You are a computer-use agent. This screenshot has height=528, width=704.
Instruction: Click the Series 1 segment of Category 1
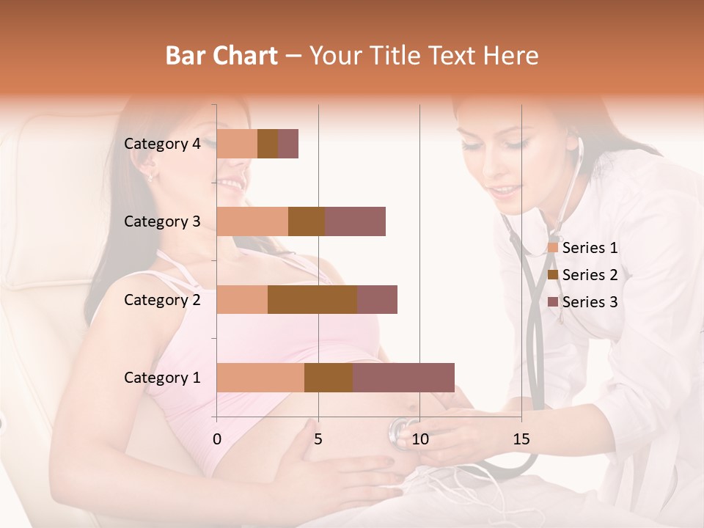(260, 378)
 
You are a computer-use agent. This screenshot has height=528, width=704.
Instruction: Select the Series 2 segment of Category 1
(329, 378)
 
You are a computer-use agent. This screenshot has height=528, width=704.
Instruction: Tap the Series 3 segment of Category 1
(403, 378)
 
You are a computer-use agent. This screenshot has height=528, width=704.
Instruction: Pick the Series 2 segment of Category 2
(312, 299)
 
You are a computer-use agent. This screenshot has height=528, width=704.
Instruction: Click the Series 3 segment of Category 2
(377, 299)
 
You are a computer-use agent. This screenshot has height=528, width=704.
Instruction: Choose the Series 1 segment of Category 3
(252, 221)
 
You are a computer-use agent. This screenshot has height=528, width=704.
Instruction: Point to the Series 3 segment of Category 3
(355, 221)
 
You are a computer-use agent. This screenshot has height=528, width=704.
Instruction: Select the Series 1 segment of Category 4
(237, 144)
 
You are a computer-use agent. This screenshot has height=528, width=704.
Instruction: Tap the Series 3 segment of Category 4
(288, 144)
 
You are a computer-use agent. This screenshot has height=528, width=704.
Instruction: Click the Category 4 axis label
(162, 144)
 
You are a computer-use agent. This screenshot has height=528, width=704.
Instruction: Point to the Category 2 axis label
(162, 299)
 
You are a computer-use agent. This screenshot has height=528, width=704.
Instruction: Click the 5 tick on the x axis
(318, 439)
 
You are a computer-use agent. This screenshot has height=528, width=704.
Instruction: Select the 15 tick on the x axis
(521, 439)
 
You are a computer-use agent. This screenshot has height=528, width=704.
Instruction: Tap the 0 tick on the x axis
(217, 439)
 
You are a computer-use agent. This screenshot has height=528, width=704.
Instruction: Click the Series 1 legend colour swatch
(552, 248)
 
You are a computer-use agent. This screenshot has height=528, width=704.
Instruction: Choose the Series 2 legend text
(590, 275)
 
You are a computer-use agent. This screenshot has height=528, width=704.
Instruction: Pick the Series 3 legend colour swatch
(552, 302)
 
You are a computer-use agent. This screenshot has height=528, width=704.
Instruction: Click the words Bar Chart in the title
(221, 56)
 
